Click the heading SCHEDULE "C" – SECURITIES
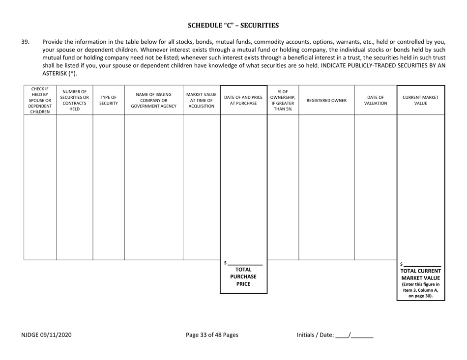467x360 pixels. pos(233,25)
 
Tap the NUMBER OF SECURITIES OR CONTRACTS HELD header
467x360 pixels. pos(74,100)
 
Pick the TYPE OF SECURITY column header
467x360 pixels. pos(109,100)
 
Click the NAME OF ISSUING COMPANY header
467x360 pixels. pos(153,100)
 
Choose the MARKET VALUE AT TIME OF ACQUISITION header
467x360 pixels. pos(202,100)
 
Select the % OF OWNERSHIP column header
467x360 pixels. pos(283,100)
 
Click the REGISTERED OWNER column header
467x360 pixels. pos(326,100)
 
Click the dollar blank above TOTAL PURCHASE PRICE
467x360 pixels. pos(245,263)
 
